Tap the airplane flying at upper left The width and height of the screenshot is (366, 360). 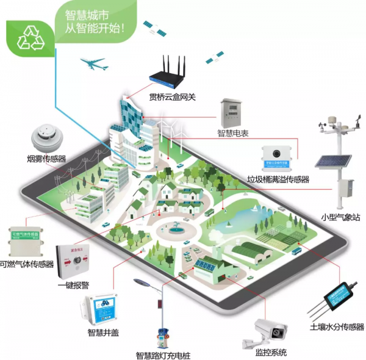(95, 63)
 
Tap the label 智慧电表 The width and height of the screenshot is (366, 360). (234, 132)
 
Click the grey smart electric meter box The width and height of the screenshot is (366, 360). (234, 110)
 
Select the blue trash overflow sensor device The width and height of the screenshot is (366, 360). (278, 156)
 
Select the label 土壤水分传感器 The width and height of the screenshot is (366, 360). (336, 326)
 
